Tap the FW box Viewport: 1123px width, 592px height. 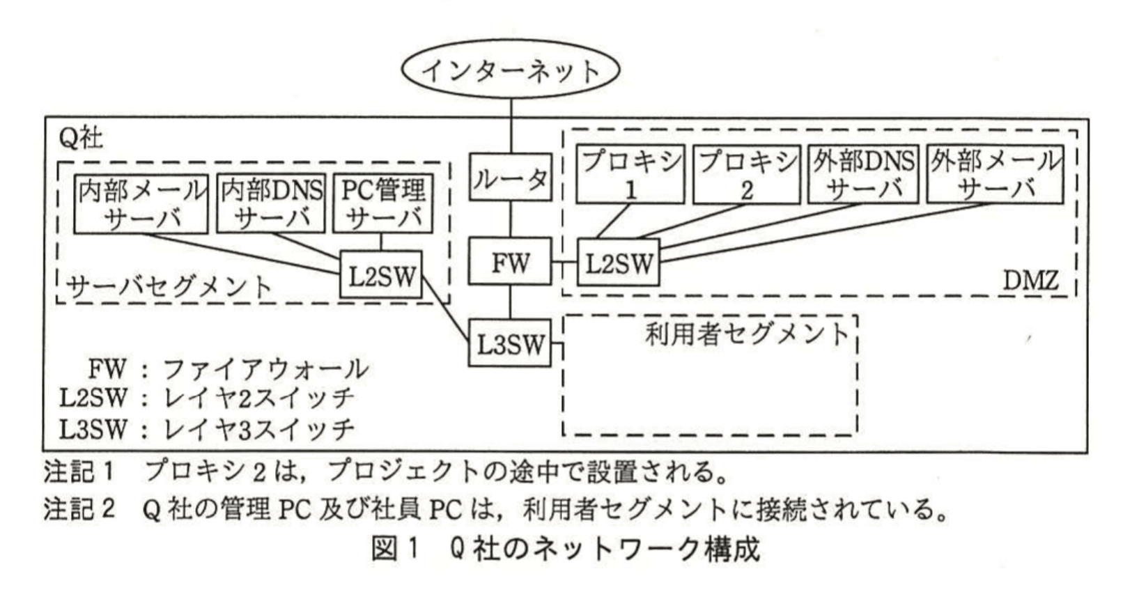coord(511,263)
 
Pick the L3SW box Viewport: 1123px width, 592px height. coord(511,343)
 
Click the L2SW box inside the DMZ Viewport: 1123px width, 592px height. coord(619,263)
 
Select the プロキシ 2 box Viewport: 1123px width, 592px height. coord(746,175)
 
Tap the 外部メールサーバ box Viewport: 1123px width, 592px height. coord(994,175)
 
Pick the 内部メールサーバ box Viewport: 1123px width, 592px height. coord(141,204)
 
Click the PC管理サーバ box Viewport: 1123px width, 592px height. coord(382,204)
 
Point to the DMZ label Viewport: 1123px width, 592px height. coord(1030,281)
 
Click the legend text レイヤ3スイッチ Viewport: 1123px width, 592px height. coord(258,428)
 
